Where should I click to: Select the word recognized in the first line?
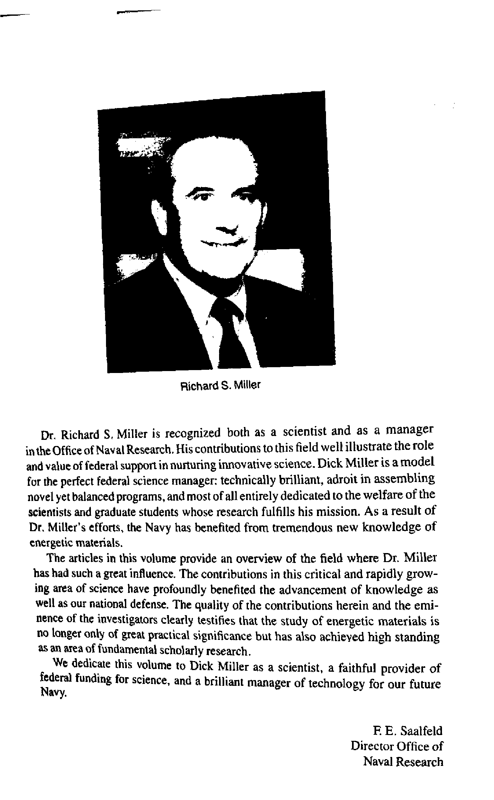192,433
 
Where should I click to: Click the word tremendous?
302,527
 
